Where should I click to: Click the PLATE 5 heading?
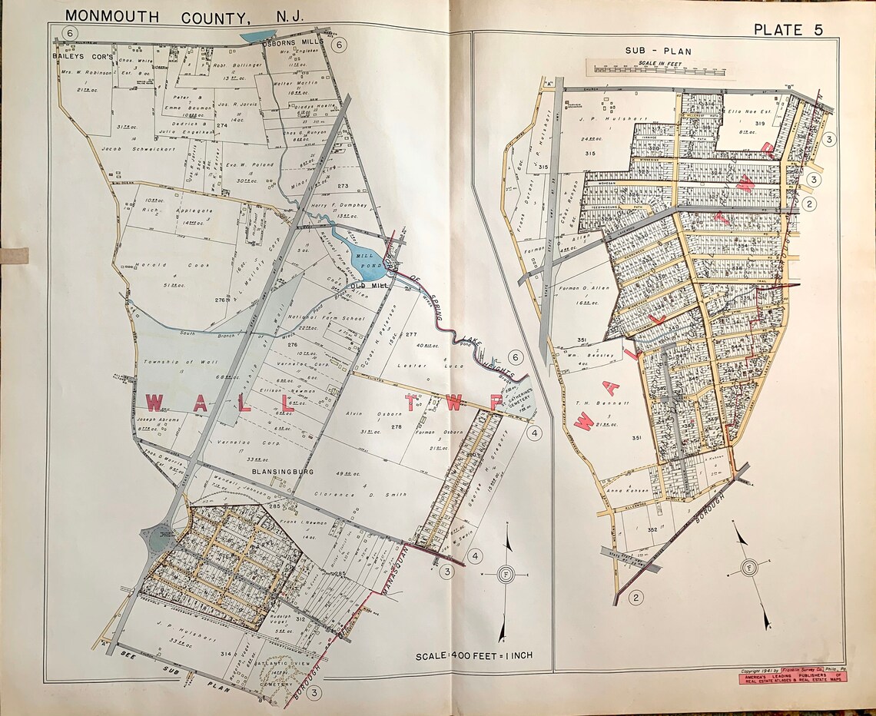(x=788, y=30)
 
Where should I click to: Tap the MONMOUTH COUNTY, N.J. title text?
(x=184, y=15)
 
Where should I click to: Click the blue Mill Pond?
(x=361, y=251)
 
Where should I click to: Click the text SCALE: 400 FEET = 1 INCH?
(x=474, y=656)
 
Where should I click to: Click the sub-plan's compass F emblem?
(x=748, y=568)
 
